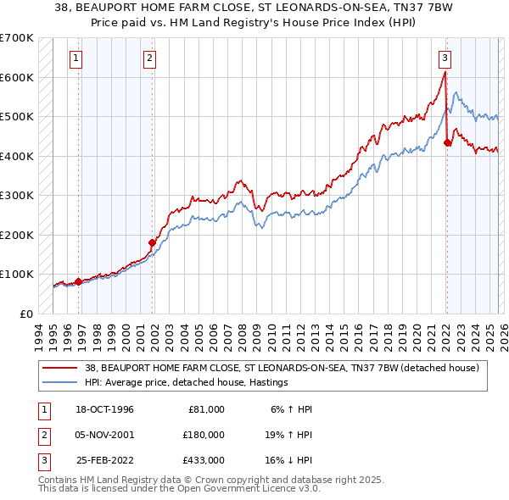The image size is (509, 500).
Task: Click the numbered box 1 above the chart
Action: click(x=76, y=58)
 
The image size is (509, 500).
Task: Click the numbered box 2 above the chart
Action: click(x=149, y=58)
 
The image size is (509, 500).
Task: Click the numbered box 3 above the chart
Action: click(x=445, y=58)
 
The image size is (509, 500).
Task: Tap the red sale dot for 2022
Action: click(x=447, y=142)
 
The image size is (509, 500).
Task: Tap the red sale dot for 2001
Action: click(x=153, y=242)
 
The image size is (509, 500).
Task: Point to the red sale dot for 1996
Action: click(x=79, y=281)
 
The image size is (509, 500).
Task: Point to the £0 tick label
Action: click(x=25, y=314)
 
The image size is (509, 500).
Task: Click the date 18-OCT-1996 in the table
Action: click(x=105, y=409)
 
